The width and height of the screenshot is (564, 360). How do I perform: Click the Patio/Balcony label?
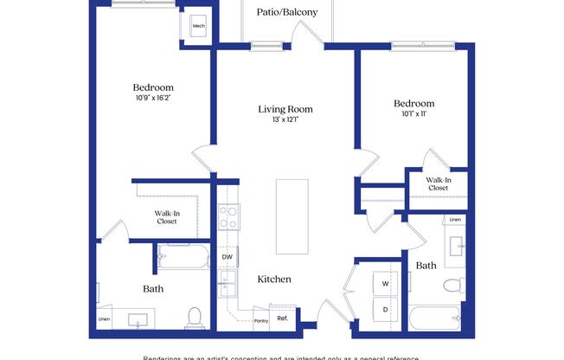click(x=287, y=12)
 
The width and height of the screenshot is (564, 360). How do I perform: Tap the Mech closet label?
click(x=198, y=26)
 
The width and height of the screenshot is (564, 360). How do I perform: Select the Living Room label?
click(x=285, y=110)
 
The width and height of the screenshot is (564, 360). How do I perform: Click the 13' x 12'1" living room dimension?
click(x=285, y=121)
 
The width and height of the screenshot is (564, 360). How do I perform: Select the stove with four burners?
click(x=228, y=217)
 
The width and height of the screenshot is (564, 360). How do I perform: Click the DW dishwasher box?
click(x=227, y=257)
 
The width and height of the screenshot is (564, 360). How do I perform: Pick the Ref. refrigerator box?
click(x=282, y=317)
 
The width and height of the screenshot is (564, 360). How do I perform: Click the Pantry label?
click(x=260, y=319)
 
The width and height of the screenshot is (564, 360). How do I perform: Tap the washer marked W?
click(x=385, y=284)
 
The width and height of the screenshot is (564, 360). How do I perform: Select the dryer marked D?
click(x=385, y=309)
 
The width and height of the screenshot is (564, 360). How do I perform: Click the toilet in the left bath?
click(x=195, y=318)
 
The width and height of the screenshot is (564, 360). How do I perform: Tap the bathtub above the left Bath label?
click(x=183, y=256)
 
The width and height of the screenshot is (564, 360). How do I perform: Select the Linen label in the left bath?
click(x=104, y=318)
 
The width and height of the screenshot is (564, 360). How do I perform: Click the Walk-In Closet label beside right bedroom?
click(x=437, y=183)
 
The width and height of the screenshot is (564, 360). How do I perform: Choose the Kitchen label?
click(x=273, y=280)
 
